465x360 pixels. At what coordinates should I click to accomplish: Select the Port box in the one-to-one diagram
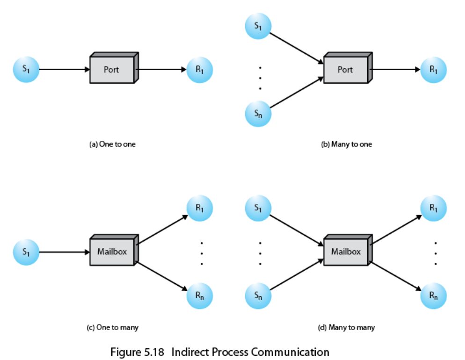click(112, 70)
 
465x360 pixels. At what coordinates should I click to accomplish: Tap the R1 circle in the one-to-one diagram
click(200, 70)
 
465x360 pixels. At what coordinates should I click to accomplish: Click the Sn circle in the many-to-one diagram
click(258, 114)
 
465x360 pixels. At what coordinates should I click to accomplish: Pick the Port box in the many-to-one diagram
click(346, 70)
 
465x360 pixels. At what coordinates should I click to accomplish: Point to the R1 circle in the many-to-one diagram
click(434, 70)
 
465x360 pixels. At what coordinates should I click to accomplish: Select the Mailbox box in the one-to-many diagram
click(112, 252)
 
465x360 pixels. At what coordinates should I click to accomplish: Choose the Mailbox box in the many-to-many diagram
click(346, 252)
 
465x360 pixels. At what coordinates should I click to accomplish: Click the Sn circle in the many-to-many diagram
click(258, 296)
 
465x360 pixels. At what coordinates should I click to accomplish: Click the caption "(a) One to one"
click(112, 144)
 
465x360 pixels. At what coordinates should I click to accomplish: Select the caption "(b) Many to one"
click(346, 144)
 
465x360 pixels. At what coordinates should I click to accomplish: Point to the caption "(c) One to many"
click(112, 327)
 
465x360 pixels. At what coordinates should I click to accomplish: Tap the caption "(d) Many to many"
click(346, 327)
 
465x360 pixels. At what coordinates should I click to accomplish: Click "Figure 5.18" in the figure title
click(138, 352)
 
